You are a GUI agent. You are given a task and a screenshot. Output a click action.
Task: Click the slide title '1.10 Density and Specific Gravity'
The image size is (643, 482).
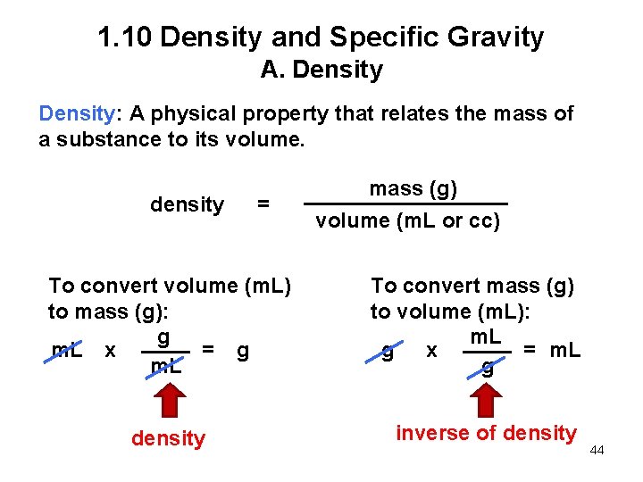321,37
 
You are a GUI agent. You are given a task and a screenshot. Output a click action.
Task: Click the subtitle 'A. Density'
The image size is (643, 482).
321,70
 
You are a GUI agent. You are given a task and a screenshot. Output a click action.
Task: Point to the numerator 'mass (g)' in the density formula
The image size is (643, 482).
413,188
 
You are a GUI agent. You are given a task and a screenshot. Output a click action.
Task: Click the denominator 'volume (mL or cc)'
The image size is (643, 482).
407,220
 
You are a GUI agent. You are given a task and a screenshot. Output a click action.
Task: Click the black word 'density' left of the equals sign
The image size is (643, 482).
187,204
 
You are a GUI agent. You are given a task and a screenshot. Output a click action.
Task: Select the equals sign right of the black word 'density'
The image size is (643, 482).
263,204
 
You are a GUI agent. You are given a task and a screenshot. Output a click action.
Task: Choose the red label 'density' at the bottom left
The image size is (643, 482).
168,438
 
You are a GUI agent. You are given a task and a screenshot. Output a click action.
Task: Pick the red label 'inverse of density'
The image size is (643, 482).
486,434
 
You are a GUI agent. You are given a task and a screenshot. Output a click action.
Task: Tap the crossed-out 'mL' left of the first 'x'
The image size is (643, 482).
67,351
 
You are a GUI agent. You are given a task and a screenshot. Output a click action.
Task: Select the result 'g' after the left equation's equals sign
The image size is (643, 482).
242,351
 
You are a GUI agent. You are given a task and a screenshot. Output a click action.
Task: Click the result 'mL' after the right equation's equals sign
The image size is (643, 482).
565,350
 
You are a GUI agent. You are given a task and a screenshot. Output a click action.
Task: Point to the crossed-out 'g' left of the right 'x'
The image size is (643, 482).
388,352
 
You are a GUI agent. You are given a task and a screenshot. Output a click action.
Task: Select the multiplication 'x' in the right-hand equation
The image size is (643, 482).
431,351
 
